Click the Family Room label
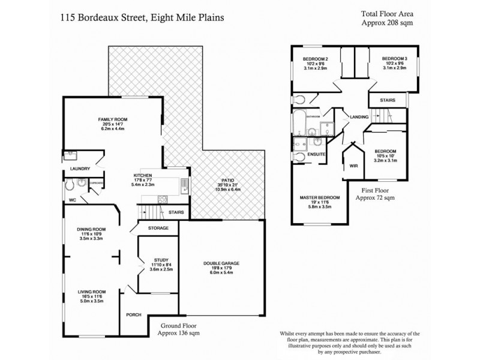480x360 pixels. click(x=110, y=119)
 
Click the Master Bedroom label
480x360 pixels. click(x=320, y=197)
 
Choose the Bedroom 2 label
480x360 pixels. click(x=315, y=58)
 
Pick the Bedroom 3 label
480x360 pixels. click(x=395, y=58)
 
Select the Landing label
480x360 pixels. click(x=360, y=117)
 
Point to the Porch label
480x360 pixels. click(x=133, y=315)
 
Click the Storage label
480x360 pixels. click(x=158, y=228)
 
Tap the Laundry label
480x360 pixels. click(x=79, y=169)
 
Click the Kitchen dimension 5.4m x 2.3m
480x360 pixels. click(x=146, y=184)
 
